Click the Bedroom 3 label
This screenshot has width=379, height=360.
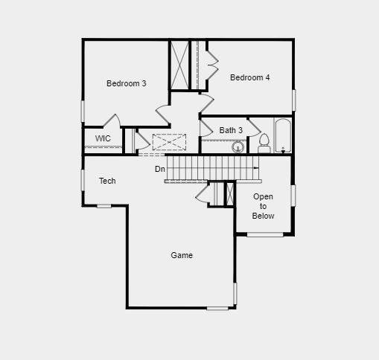(126, 83)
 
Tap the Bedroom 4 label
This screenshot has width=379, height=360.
(249, 77)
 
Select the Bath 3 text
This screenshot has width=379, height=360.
(231, 130)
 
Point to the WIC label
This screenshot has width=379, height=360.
(103, 138)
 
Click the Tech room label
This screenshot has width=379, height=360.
(107, 181)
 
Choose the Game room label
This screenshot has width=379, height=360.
(182, 255)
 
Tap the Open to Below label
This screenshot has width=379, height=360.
(263, 206)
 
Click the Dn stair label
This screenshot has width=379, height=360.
(160, 169)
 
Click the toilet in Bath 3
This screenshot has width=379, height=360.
(264, 144)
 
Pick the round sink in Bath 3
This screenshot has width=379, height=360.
(238, 147)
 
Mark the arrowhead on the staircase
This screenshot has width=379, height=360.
(257, 169)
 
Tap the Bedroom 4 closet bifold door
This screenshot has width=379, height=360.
(211, 65)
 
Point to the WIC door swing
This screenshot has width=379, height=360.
(112, 121)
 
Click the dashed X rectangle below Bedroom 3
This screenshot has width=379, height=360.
(169, 142)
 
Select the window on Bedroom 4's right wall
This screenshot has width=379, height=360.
(294, 100)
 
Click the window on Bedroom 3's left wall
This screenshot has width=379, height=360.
(83, 110)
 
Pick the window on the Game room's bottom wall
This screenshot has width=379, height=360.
(218, 308)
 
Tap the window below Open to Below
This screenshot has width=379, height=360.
(265, 235)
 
